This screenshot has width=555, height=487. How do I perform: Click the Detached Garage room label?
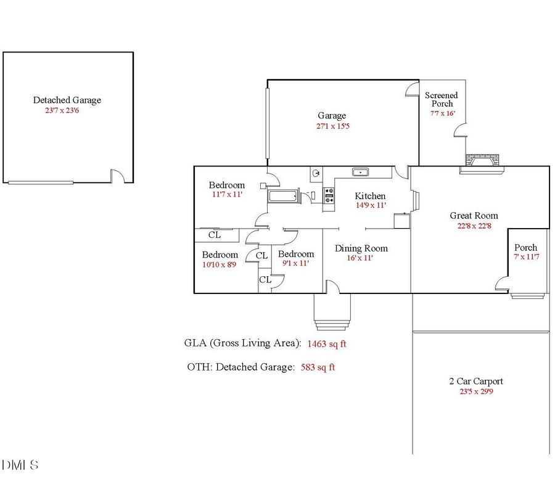pyautogui.click(x=67, y=100)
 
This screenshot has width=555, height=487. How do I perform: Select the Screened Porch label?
pyautogui.click(x=442, y=99)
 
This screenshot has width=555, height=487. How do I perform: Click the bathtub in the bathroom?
pyautogui.click(x=283, y=197)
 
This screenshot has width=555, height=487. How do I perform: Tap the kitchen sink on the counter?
pyautogui.click(x=360, y=171)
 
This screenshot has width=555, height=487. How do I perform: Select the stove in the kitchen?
pyautogui.click(x=329, y=195)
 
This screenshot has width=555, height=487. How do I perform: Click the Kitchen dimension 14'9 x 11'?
pyautogui.click(x=370, y=205)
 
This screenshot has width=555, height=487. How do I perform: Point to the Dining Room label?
pyautogui.click(x=361, y=248)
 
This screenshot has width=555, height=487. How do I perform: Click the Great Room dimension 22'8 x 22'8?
pyautogui.click(x=474, y=226)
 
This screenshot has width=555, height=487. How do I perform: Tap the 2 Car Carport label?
pyautogui.click(x=475, y=381)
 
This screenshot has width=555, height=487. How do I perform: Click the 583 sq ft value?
pyautogui.click(x=318, y=367)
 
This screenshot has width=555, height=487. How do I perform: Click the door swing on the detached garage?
pyautogui.click(x=118, y=176)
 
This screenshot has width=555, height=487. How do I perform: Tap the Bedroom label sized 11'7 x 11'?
pyautogui.click(x=226, y=185)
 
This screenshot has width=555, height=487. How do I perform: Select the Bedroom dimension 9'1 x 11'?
pyautogui.click(x=296, y=263)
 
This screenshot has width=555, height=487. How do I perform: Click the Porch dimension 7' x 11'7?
pyautogui.click(x=525, y=257)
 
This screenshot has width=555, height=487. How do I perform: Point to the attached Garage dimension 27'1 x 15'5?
pyautogui.click(x=332, y=126)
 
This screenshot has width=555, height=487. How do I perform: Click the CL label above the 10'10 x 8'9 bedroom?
pyautogui.click(x=214, y=235)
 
